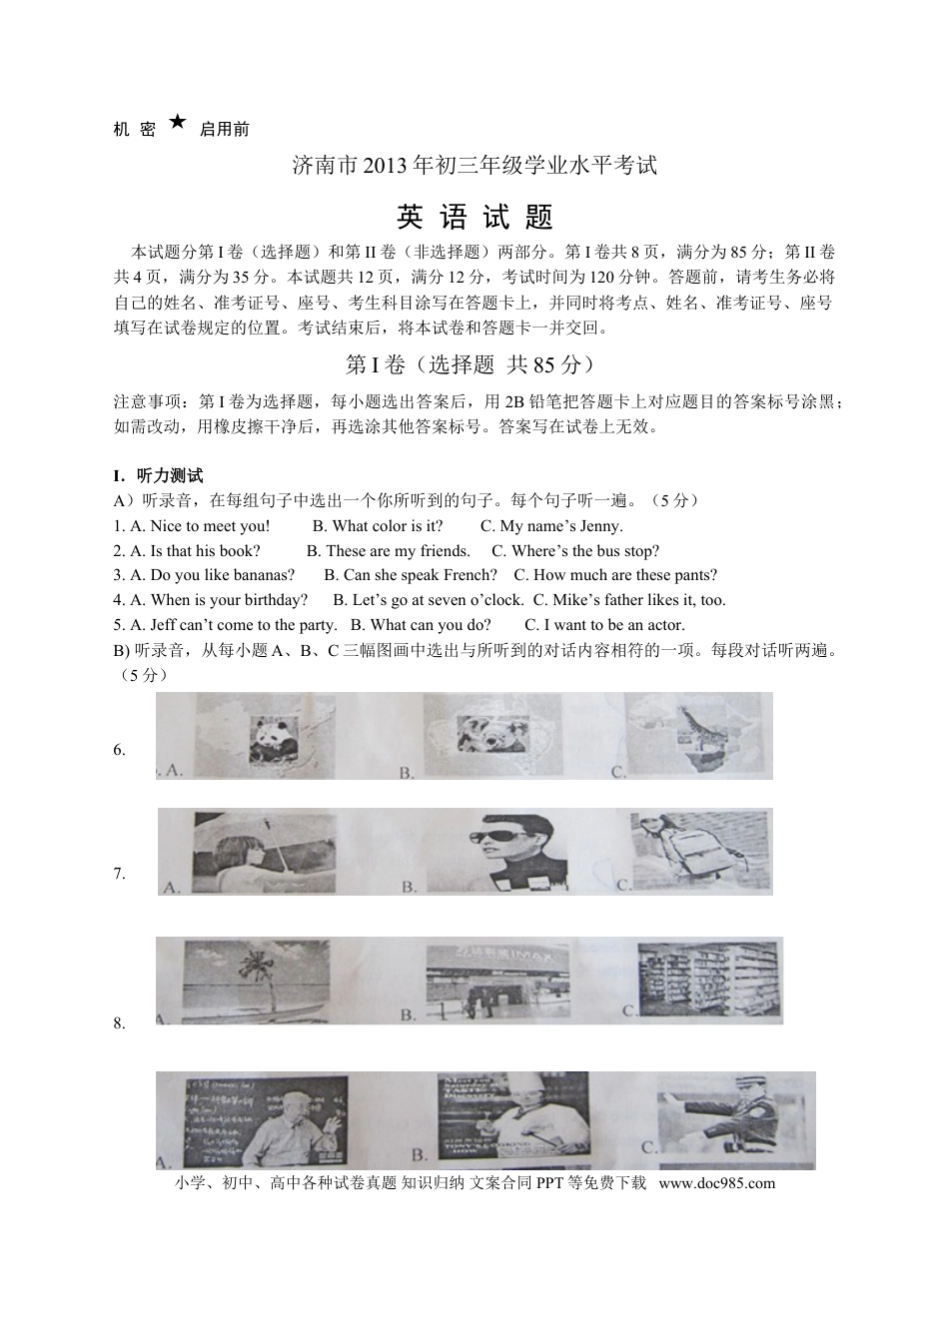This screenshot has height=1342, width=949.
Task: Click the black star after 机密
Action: pos(177,122)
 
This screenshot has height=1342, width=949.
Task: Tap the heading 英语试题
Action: pos(474,217)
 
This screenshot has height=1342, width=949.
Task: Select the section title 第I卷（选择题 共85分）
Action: pos(474,364)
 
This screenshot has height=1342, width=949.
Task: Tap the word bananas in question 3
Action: pos(264,575)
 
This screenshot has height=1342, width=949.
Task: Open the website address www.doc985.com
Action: pos(717,1183)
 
